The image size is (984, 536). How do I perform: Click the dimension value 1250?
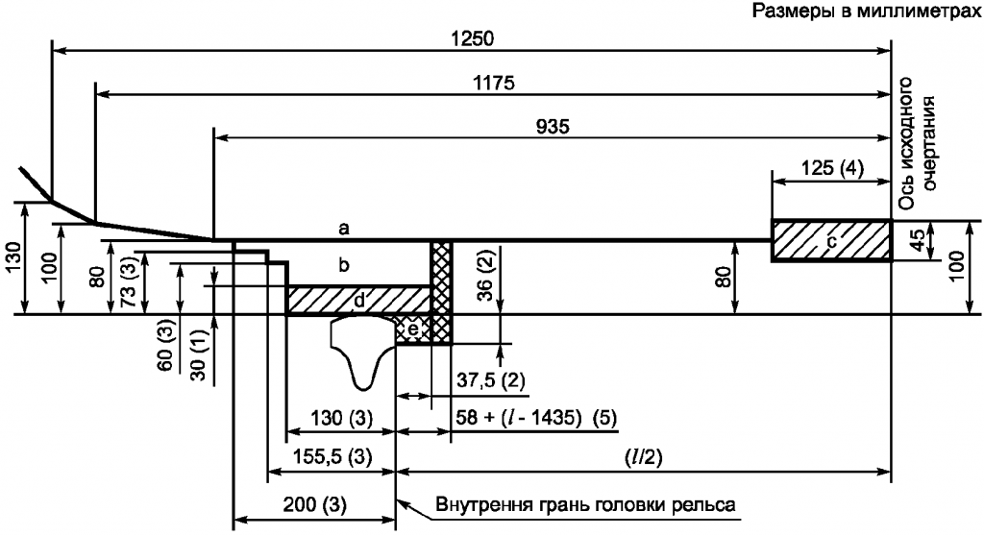point(473,39)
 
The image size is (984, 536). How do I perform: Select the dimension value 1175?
point(494,83)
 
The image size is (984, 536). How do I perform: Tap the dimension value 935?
point(553,127)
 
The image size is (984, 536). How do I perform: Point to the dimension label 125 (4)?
point(832,168)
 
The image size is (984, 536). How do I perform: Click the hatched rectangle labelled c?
point(831,240)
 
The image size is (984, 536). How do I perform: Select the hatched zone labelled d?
point(358,300)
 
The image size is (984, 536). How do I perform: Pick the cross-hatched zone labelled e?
point(413,329)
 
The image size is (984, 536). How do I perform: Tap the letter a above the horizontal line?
point(343,229)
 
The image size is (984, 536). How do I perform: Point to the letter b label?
point(343,265)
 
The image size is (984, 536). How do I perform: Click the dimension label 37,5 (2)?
point(488,381)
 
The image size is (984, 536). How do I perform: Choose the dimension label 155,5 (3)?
point(332,456)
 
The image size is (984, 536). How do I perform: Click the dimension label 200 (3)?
point(314,505)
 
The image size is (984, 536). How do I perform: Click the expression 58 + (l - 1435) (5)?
point(536,418)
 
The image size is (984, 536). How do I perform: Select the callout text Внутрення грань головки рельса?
point(585,504)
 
